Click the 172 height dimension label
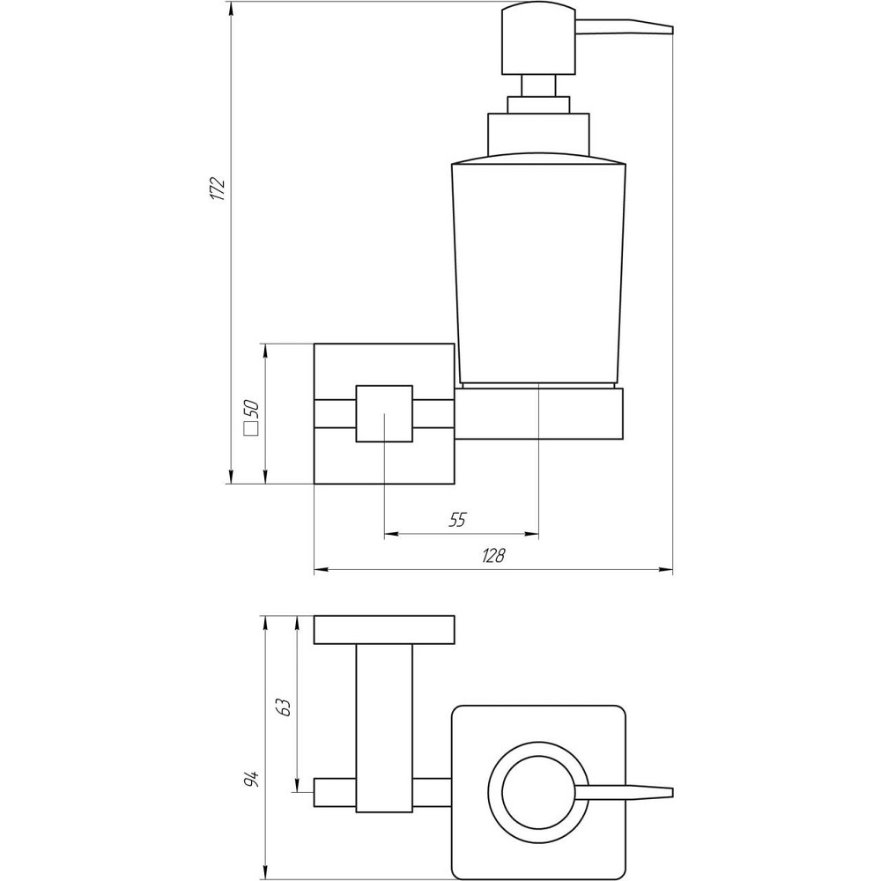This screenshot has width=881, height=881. (218, 189)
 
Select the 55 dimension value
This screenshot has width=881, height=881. (456, 520)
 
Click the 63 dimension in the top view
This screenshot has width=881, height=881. (282, 707)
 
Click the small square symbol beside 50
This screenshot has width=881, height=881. (250, 430)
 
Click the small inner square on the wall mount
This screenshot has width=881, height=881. (384, 413)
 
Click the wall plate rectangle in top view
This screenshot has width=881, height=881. (384, 630)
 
